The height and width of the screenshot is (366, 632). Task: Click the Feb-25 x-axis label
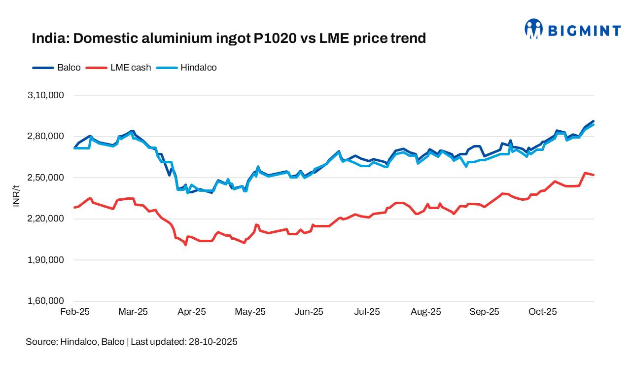coord(75,312)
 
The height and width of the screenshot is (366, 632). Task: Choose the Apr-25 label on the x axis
coord(192,312)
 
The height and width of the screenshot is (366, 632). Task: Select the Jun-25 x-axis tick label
coord(309,312)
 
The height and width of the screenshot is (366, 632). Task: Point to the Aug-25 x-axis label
coord(426,312)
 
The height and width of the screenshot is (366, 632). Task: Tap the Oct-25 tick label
coord(543,312)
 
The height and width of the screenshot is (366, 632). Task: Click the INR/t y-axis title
coord(16,196)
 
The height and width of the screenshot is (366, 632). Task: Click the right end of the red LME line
coord(594,175)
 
